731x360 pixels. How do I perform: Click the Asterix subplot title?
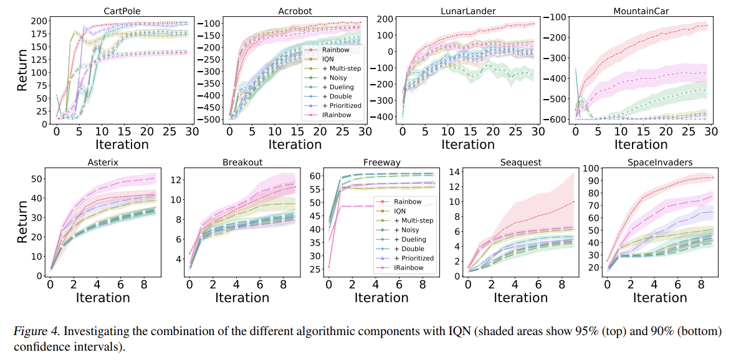[x=103, y=162]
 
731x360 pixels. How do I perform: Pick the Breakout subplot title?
[x=242, y=162]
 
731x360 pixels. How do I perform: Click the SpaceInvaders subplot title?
[x=661, y=162]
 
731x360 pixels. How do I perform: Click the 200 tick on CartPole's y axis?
[x=39, y=21]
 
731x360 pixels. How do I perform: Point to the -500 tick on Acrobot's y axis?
[x=207, y=119]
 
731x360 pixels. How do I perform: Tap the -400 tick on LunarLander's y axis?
[x=381, y=117]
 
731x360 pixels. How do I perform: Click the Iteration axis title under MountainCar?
[x=642, y=144]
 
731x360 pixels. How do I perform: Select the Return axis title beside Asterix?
[x=22, y=221]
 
